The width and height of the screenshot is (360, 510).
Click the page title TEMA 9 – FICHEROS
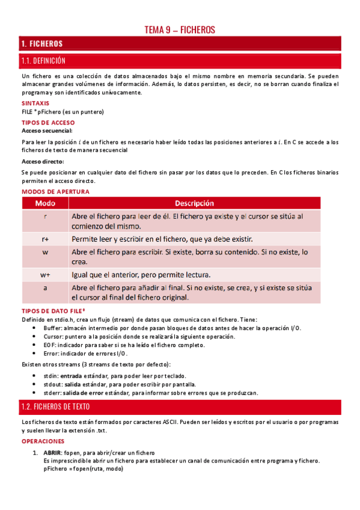[180, 29]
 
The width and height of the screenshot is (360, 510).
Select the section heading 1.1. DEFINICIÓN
[43, 61]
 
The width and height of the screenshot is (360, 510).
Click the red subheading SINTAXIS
[35, 103]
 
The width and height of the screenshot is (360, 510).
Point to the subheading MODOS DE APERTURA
[55, 191]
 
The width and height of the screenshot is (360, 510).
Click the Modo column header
[45, 203]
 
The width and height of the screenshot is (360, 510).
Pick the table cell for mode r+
[45, 239]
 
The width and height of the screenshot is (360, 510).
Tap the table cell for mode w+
[45, 275]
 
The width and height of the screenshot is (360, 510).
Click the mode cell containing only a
[45, 288]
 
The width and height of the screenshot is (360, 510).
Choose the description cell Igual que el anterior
[141, 275]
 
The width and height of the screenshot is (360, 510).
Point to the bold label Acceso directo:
[43, 161]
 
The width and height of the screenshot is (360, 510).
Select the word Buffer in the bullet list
[53, 328]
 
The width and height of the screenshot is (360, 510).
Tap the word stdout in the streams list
[52, 384]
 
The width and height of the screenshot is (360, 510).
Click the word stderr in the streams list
[52, 393]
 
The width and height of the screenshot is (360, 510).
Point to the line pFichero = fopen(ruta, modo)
[83, 469]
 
